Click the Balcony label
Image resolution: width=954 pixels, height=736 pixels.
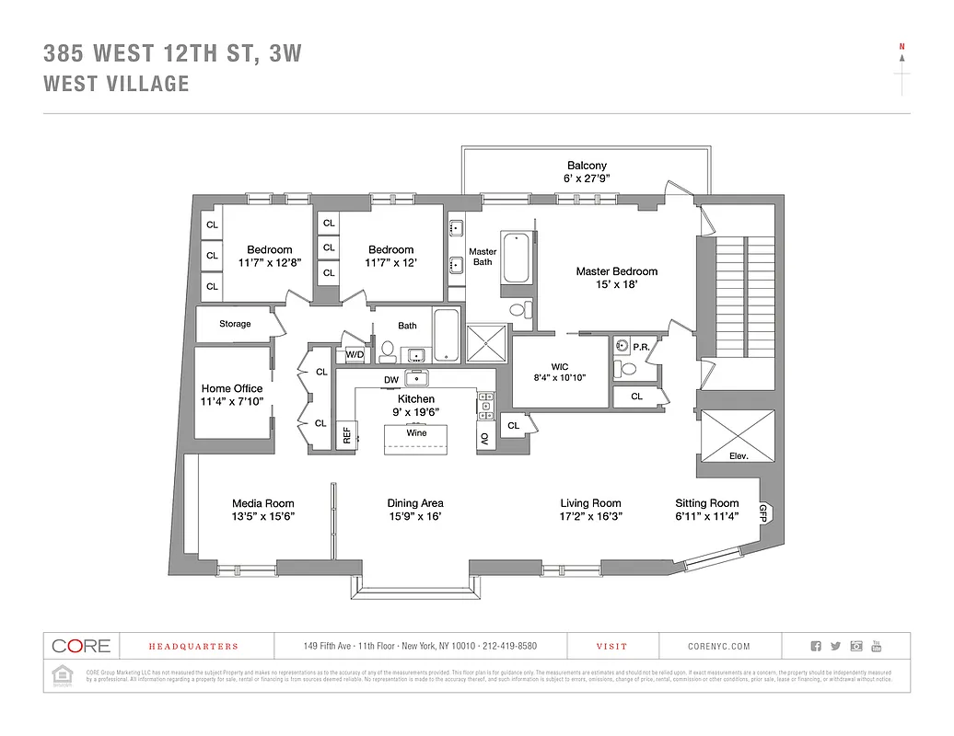[587, 166]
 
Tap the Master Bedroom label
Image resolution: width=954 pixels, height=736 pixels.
[616, 271]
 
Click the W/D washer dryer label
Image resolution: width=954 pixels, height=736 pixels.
[355, 354]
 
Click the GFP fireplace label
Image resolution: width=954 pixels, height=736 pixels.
[763, 512]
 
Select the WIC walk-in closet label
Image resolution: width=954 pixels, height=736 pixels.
[560, 364]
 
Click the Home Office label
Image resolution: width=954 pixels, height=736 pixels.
[232, 388]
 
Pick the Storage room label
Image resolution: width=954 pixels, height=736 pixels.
[235, 324]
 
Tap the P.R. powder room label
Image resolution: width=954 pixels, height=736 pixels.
[641, 346]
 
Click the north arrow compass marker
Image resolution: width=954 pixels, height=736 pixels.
[902, 55]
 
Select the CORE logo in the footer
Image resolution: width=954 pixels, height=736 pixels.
[81, 646]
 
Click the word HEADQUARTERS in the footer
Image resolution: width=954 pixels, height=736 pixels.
[193, 647]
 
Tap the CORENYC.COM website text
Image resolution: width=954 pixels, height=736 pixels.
[719, 647]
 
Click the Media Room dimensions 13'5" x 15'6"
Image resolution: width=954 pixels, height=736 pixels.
[262, 517]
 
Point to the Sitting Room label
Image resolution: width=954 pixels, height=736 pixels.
[706, 503]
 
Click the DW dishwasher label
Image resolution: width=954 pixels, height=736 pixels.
[390, 380]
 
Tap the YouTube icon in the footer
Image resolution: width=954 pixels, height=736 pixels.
[876, 646]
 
